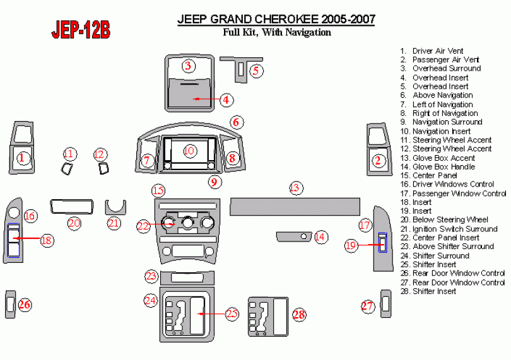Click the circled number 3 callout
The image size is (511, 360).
click(x=188, y=66)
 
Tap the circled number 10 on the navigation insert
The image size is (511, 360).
click(x=190, y=151)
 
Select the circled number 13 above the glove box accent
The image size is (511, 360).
click(x=295, y=188)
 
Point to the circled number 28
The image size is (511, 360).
click(x=298, y=314)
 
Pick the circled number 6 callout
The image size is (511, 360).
click(x=235, y=122)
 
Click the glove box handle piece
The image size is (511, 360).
click(x=293, y=236)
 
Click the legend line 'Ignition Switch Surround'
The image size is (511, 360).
click(x=454, y=229)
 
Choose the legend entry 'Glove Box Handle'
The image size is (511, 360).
click(x=443, y=166)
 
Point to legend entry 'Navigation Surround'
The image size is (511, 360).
click(x=447, y=122)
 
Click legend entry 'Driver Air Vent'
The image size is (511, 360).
click(x=437, y=50)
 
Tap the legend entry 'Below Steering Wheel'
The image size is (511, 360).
click(x=450, y=220)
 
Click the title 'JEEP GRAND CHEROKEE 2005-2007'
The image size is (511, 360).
click(x=276, y=20)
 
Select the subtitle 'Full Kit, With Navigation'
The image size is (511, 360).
click(x=277, y=33)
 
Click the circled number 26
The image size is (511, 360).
click(x=25, y=305)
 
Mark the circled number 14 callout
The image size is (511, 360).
click(x=320, y=237)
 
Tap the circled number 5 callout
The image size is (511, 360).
click(x=255, y=71)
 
